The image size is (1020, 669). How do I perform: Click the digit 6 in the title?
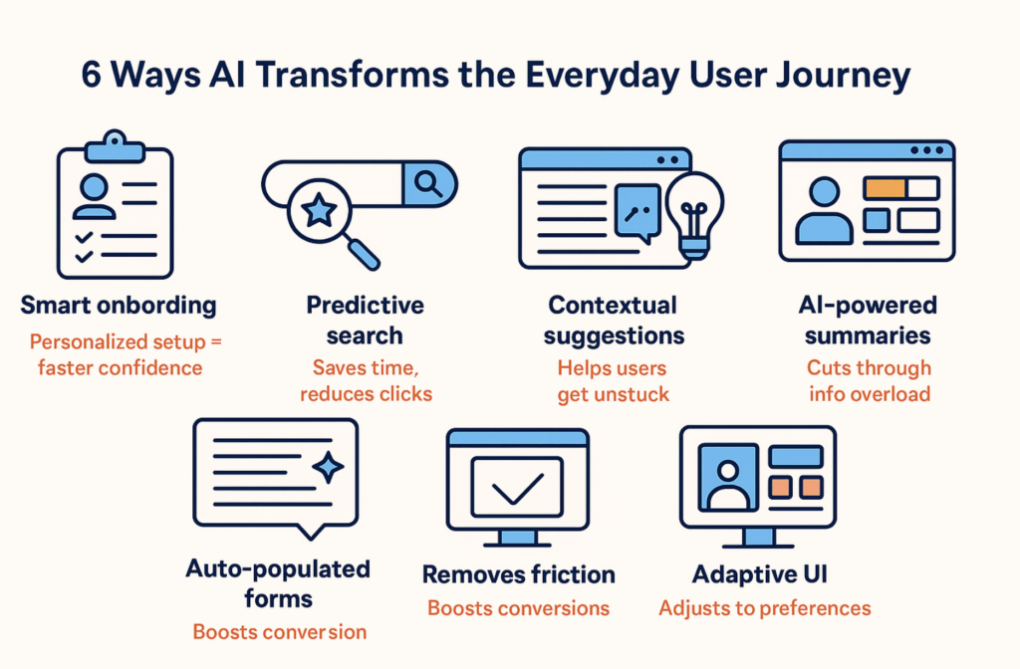[92, 75]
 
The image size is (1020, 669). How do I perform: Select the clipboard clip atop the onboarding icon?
[115, 147]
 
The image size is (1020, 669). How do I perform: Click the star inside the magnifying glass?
[319, 211]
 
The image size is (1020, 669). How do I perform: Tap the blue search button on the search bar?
[428, 184]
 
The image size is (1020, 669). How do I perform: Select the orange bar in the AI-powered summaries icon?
[885, 188]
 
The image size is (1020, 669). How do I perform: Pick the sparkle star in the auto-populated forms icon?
[329, 467]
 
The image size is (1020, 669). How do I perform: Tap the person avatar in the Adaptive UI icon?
[728, 478]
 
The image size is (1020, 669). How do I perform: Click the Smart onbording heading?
[119, 306]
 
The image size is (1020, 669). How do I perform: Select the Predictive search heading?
[365, 321]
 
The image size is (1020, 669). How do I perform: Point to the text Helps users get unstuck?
[613, 381]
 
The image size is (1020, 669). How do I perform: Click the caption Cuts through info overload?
[869, 381]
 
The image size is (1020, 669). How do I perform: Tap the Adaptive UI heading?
[759, 574]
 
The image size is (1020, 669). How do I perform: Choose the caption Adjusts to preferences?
[764, 608]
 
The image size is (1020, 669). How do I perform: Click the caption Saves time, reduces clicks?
[366, 381]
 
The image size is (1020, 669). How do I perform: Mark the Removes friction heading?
[518, 574]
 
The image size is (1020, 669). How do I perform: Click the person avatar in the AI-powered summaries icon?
[824, 211]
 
